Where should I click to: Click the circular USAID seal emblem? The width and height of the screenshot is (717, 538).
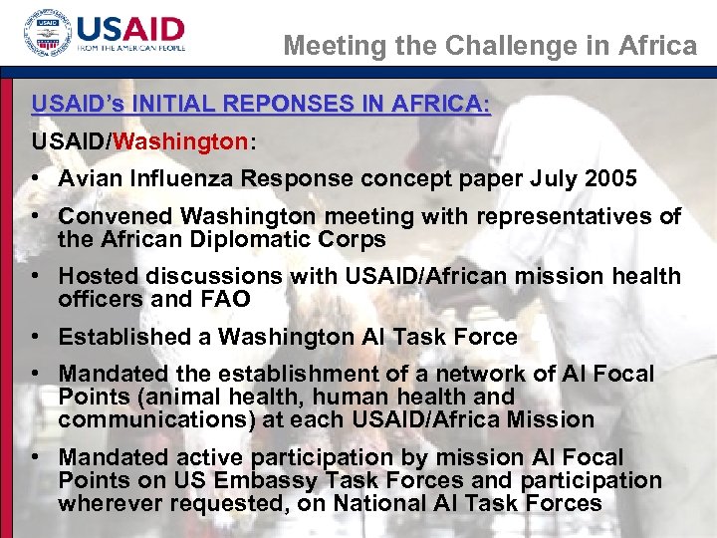48,34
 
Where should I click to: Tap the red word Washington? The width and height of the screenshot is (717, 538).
181,141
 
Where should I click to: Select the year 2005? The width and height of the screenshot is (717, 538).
608,179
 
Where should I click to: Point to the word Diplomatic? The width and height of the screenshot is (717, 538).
255,240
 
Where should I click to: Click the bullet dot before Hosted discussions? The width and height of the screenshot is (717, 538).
36,276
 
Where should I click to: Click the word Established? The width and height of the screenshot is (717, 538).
124,337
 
